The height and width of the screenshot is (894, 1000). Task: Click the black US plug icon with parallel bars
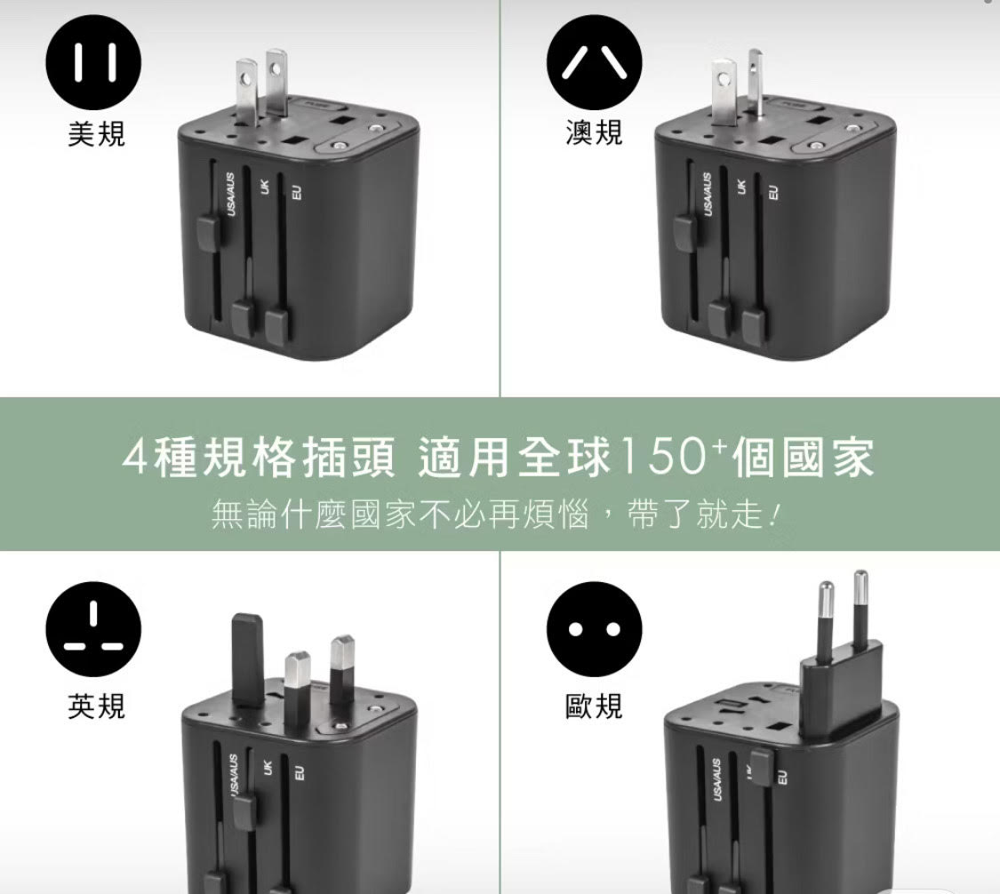point(93,63)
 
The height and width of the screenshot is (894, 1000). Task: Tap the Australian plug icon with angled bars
point(595,63)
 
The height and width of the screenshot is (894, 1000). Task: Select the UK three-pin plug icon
point(93,629)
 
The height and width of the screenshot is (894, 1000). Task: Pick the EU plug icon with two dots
point(595,629)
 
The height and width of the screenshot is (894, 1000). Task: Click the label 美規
point(96,133)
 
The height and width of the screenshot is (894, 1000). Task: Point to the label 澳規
point(594,132)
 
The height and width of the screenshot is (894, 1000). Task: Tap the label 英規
point(96,706)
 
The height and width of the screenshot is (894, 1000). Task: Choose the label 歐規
point(594,706)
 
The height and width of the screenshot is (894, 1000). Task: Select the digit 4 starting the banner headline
point(134,459)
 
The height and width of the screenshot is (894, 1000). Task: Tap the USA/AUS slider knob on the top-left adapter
point(209,235)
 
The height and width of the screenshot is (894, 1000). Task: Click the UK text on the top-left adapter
point(264,187)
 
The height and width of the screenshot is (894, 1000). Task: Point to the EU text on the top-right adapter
point(773,193)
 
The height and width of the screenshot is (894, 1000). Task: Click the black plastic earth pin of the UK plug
point(248,660)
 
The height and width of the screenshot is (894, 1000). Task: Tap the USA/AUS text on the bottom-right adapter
point(717,780)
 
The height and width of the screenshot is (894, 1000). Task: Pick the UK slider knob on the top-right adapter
point(718,319)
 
